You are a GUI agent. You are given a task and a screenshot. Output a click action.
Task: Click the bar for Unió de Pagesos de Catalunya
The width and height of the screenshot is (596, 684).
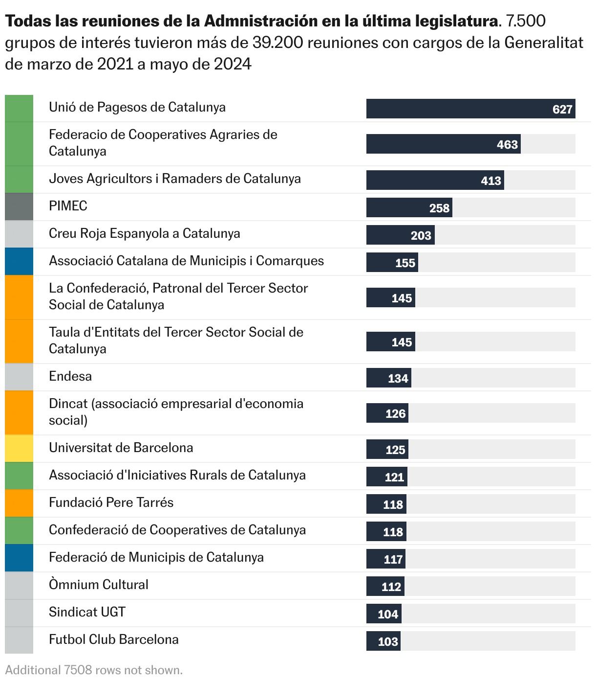pyautogui.click(x=470, y=109)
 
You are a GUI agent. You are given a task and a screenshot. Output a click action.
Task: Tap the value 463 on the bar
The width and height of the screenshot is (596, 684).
pyautogui.click(x=507, y=144)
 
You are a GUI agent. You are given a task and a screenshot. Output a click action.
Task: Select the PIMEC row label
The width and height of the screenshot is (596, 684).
pyautogui.click(x=68, y=206)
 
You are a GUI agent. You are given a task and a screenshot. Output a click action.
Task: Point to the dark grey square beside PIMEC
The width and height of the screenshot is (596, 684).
pyautogui.click(x=19, y=206)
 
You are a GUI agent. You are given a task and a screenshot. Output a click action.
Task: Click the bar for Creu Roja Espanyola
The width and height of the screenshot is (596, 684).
pyautogui.click(x=400, y=235)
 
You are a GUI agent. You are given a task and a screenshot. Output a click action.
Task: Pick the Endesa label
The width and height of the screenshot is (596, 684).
pyautogui.click(x=70, y=376)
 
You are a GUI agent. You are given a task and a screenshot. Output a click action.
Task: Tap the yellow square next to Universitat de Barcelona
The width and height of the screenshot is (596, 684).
pyautogui.click(x=19, y=448)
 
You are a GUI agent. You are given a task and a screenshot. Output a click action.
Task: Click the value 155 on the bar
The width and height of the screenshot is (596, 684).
pyautogui.click(x=405, y=263)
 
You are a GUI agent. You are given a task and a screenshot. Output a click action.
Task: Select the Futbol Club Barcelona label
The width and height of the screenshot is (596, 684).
pyautogui.click(x=113, y=639)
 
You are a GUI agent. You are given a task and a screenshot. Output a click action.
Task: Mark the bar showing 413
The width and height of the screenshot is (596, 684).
pyautogui.click(x=435, y=181)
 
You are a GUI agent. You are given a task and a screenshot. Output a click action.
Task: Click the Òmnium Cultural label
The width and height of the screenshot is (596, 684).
pyautogui.click(x=98, y=585)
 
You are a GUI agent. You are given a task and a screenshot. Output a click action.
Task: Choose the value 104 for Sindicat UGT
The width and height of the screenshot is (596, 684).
pyautogui.click(x=388, y=614)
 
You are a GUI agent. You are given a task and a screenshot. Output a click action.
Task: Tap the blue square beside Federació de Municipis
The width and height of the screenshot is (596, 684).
pyautogui.click(x=19, y=558)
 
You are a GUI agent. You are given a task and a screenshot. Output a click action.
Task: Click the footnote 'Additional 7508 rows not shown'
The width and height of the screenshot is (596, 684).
pyautogui.click(x=94, y=670)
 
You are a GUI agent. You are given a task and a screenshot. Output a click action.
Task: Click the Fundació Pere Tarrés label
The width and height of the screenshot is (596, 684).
pyautogui.click(x=111, y=502)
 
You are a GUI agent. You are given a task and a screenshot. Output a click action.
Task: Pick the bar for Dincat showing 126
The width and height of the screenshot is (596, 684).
pyautogui.click(x=387, y=413)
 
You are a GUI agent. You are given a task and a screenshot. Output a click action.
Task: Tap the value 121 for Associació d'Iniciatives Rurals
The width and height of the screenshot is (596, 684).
pyautogui.click(x=394, y=477)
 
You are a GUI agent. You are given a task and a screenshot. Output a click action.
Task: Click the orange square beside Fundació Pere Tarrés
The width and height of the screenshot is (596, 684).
pyautogui.click(x=19, y=503)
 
